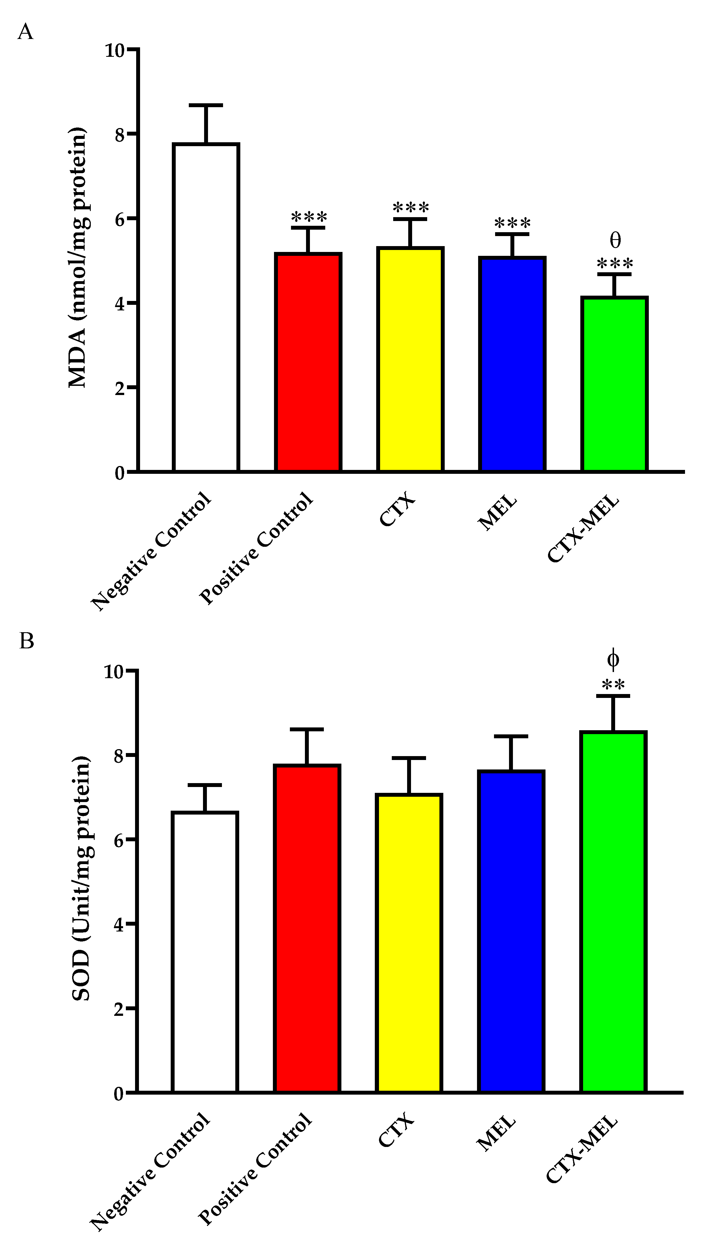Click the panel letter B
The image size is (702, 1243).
click(26, 641)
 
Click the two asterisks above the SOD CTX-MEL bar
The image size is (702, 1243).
click(613, 685)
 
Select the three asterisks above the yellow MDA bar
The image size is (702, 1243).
click(410, 208)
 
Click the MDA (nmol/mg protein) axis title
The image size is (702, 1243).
click(77, 258)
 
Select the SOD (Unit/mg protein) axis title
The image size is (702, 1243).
click(81, 878)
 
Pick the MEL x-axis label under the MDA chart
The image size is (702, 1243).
click(497, 513)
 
